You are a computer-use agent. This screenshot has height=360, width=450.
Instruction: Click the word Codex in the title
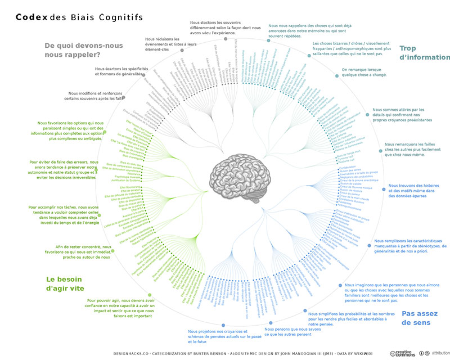coord(31,17)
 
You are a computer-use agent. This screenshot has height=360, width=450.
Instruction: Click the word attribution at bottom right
coord(440,352)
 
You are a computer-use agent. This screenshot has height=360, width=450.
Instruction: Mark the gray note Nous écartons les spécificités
coord(119,71)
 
